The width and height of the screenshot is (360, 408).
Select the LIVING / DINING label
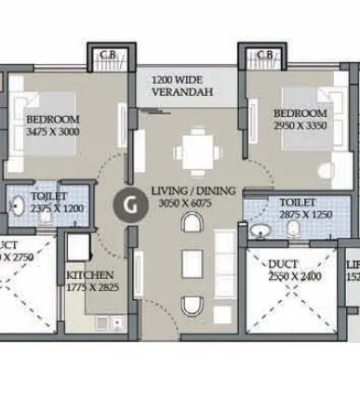193,191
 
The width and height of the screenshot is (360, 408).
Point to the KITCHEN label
90,275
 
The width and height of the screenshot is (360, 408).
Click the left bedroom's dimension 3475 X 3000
52,131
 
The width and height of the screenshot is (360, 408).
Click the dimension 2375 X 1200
57,209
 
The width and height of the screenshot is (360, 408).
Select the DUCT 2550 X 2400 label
293,270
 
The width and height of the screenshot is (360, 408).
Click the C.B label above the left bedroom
107,55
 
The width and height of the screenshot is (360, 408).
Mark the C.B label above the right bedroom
264,55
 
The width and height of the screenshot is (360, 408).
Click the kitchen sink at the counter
102,322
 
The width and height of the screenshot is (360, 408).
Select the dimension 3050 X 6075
193,202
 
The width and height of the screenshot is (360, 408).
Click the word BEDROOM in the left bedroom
52,119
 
